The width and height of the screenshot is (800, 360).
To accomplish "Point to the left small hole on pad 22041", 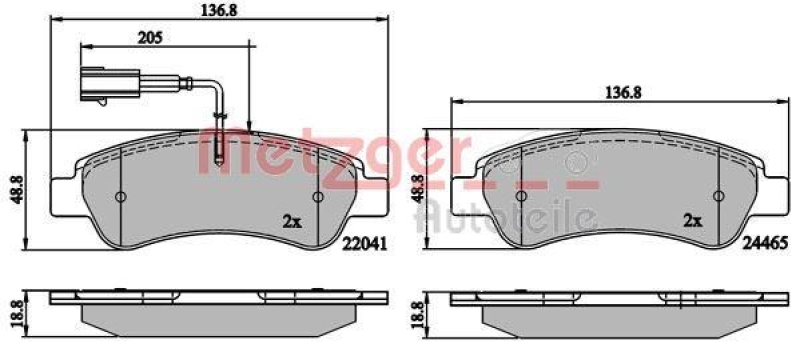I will click(x=119, y=196).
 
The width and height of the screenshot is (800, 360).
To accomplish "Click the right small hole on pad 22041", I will click(x=318, y=196).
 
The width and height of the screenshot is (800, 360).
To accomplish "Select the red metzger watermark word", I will click(x=330, y=158).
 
